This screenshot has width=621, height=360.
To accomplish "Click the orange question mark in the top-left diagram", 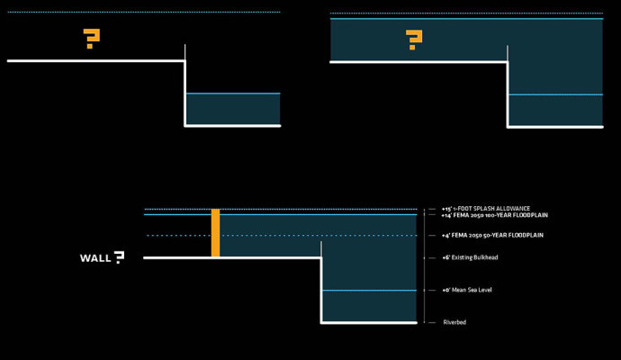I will point(91,39).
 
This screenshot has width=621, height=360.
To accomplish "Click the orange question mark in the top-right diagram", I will point(413,39).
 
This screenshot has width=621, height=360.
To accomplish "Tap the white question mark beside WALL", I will point(118,257).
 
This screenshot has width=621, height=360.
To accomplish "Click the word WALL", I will point(94,258).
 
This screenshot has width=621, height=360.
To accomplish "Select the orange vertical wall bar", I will point(215,233).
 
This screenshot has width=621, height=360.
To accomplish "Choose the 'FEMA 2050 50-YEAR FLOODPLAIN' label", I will point(499,236).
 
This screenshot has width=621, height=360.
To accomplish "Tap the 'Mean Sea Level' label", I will point(472,291).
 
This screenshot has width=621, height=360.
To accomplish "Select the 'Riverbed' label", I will point(454,322).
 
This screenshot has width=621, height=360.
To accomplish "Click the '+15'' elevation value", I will point(445,209).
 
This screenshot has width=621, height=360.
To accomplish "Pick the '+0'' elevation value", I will point(445,291).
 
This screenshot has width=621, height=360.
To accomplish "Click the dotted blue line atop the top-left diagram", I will point(144,12).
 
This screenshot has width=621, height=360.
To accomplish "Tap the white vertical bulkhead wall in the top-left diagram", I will point(185,85).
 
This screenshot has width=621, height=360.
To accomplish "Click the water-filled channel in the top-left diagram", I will point(232,109).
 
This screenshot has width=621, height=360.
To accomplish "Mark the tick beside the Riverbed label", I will point(431,322).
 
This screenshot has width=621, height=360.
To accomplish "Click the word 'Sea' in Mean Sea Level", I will point(473,291).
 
